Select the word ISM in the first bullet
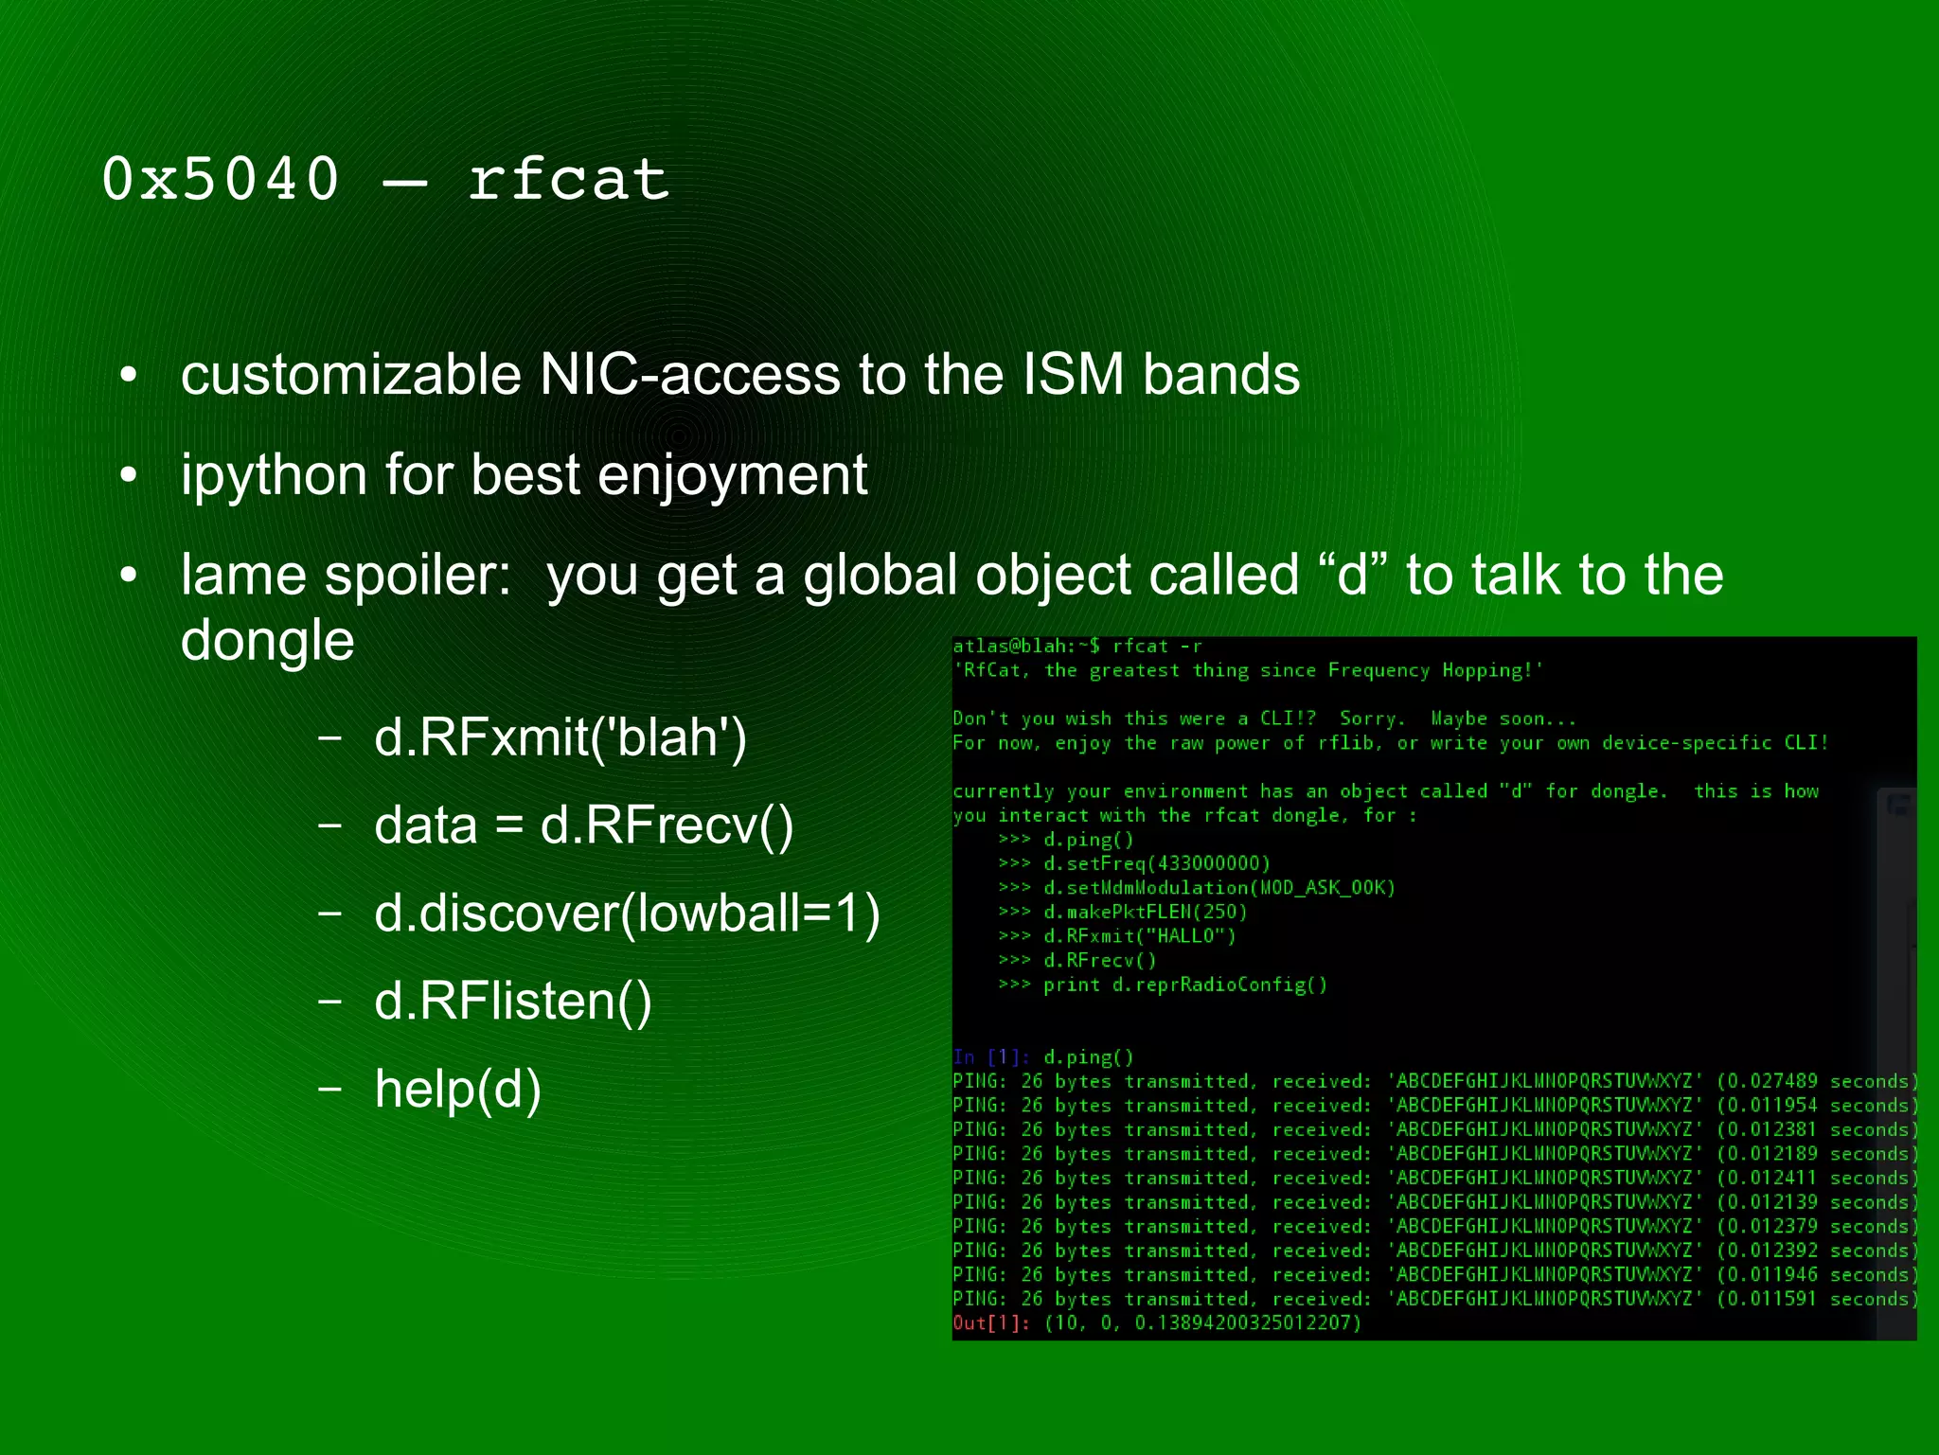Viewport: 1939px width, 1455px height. pos(1072,374)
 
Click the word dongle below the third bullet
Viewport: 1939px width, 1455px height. pos(267,640)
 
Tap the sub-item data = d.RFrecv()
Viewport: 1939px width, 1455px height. pos(583,825)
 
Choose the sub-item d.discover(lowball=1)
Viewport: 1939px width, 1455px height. pos(627,913)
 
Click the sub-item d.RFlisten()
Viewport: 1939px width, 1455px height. pos(513,1001)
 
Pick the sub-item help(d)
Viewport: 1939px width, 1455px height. pos(458,1089)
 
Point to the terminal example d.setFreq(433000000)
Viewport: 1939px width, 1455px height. pos(1157,863)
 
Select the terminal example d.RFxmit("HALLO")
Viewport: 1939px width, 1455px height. pos(1140,936)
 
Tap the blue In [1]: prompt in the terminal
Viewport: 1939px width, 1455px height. pos(991,1057)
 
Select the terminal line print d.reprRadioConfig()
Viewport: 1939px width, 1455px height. pos(1185,985)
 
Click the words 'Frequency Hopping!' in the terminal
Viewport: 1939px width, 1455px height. pos(1435,671)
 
